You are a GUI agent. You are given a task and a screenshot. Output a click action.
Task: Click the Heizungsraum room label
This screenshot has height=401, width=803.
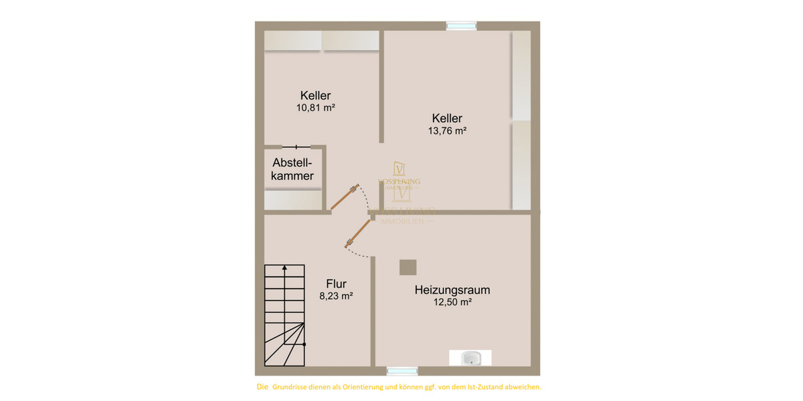[x=452, y=290]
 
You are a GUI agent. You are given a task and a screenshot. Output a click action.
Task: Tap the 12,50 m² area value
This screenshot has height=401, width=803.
[x=452, y=302]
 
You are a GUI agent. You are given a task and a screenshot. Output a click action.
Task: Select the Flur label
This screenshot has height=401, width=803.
[x=336, y=283]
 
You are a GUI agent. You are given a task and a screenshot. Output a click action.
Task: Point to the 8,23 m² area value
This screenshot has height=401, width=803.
[x=336, y=295]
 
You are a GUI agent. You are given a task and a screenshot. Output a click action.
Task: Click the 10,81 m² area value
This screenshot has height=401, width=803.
[x=315, y=107]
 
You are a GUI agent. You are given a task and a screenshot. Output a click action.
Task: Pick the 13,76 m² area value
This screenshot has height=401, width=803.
[x=447, y=131]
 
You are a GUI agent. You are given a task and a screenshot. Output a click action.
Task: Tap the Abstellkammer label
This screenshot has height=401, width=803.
[x=293, y=169]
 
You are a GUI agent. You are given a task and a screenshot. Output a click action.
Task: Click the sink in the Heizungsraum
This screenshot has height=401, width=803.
[x=471, y=359]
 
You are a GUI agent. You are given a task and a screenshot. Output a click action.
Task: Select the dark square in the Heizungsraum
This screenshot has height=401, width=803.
[x=408, y=267]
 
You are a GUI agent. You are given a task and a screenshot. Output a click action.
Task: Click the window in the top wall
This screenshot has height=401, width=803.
[x=462, y=26]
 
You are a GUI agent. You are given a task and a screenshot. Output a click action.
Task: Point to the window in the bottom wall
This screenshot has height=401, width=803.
[x=402, y=371]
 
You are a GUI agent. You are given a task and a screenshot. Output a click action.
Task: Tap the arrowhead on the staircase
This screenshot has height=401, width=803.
[x=284, y=268]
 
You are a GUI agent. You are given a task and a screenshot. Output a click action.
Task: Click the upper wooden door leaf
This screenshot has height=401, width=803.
[x=345, y=198]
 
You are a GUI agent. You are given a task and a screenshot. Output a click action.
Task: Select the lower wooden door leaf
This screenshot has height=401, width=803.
[x=358, y=233]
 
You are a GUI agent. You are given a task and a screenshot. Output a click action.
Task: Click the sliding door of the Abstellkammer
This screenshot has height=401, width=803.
[x=295, y=146]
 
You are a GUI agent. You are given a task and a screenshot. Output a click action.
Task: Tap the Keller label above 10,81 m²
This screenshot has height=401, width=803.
[x=315, y=95]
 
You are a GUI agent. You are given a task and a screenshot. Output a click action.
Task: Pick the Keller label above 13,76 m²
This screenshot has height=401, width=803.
[x=447, y=119]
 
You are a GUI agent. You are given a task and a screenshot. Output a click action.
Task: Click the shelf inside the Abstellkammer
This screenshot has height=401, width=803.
[x=293, y=199]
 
